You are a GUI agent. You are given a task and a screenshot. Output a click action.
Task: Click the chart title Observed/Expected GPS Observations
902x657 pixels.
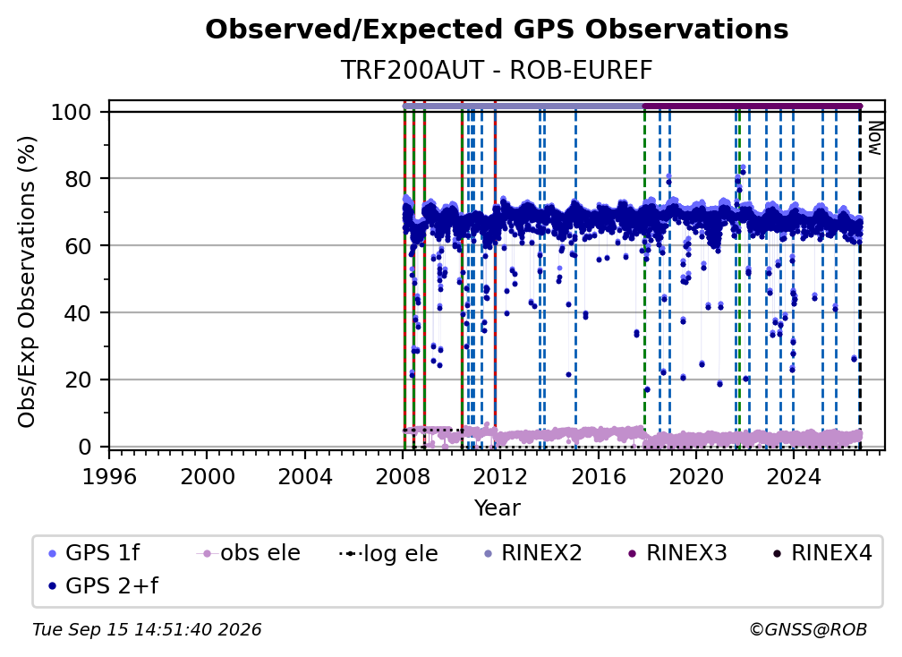497,30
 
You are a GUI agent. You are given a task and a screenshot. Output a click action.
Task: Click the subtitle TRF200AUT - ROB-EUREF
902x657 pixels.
497,70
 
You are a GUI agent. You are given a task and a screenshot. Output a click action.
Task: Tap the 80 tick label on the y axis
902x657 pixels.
78,179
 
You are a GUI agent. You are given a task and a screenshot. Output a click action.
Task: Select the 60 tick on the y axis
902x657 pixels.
78,246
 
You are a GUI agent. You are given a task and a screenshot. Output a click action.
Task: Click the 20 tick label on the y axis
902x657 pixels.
78,380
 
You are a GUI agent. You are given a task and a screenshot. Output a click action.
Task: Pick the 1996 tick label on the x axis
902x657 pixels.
109,477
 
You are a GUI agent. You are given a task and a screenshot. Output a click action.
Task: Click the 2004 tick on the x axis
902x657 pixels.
305,477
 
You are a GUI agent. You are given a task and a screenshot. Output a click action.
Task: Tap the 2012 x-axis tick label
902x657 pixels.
500,477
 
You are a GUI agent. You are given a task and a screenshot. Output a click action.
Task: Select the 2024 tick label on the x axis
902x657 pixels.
793,477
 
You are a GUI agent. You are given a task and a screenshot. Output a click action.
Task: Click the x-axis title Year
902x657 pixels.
497,508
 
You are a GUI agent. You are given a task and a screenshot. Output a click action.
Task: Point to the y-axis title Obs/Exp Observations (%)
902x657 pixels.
27,282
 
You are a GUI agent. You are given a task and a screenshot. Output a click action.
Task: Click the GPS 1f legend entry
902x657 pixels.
94,553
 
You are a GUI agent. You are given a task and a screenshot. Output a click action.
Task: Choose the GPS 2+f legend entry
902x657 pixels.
103,586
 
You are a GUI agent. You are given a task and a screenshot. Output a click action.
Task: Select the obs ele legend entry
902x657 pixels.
249,553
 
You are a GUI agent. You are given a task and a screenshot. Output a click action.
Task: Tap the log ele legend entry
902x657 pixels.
389,554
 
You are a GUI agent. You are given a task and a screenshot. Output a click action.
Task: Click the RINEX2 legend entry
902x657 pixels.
533,553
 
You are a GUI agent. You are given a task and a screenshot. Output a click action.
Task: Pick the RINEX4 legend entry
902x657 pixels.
822,553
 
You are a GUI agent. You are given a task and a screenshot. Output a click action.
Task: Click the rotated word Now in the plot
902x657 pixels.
874,138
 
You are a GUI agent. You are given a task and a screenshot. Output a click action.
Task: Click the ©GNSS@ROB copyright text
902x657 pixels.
808,630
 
